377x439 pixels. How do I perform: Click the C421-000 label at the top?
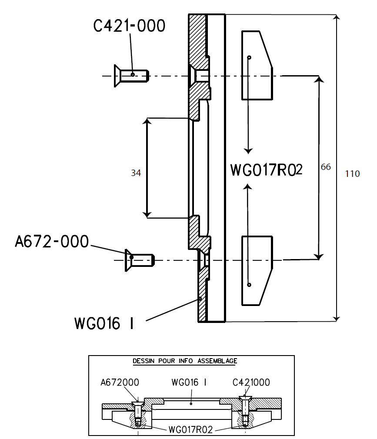(x=130, y=27)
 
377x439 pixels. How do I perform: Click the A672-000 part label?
(x=52, y=242)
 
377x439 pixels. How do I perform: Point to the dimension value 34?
(x=136, y=173)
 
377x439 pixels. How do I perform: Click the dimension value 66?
(x=325, y=167)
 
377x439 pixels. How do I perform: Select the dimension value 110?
(x=352, y=174)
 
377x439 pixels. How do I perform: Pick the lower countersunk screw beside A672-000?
(x=140, y=260)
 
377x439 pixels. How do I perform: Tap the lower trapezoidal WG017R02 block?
(x=256, y=269)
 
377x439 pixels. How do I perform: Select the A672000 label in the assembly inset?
(x=120, y=383)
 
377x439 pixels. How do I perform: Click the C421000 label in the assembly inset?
(x=251, y=383)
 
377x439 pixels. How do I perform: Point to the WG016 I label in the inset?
(x=189, y=383)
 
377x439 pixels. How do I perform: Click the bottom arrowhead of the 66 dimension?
(x=320, y=256)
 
